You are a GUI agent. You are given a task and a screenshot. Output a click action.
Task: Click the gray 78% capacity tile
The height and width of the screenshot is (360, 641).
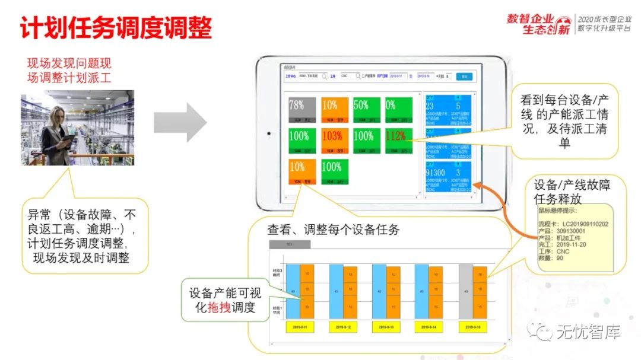pos(300,110)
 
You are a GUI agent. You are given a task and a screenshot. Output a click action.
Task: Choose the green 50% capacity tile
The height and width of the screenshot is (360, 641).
pos(365,110)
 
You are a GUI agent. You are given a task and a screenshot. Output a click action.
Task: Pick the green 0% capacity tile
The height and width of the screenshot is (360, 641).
pos(398,110)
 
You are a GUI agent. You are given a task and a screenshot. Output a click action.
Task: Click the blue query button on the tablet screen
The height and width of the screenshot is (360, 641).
pos(464,77)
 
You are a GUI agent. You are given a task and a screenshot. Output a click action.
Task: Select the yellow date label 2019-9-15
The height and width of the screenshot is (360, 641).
pos(474,327)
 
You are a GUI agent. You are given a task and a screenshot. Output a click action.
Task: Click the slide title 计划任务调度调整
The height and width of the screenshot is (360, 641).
pos(116,28)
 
